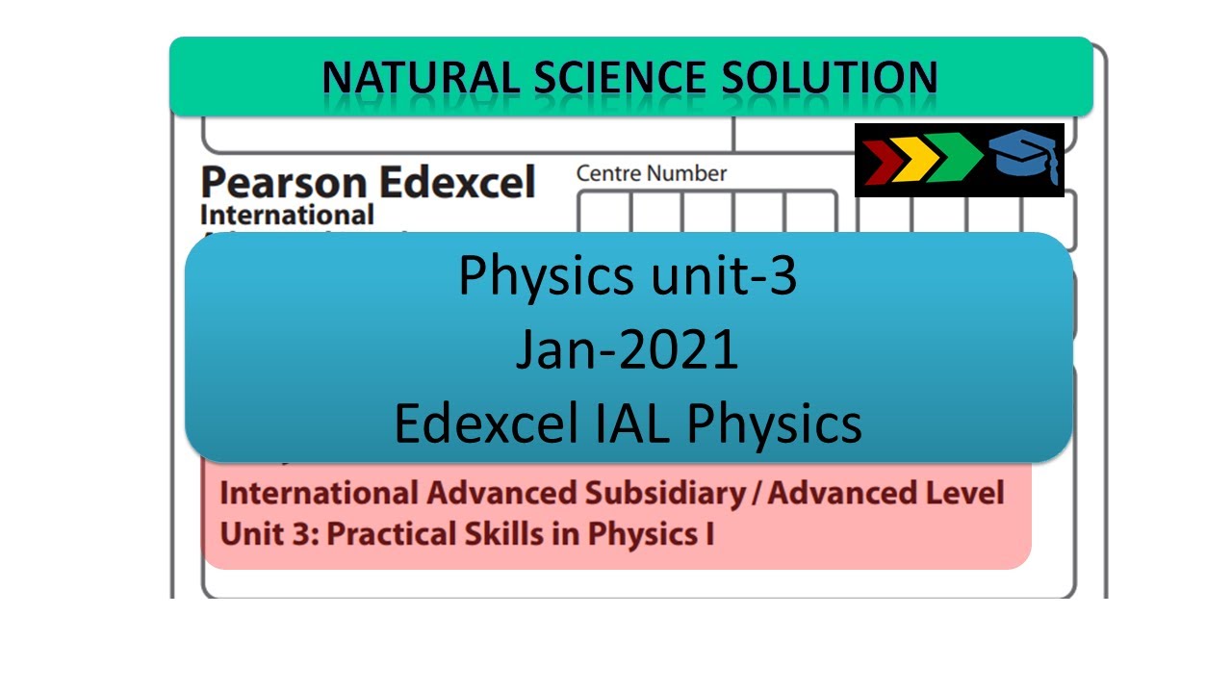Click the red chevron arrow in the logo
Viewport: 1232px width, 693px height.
tap(879, 160)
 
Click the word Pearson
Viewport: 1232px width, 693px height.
tap(284, 183)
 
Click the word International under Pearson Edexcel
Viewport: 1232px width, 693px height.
tap(287, 215)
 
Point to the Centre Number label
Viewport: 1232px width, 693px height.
tap(652, 174)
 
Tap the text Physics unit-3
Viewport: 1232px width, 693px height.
tap(628, 276)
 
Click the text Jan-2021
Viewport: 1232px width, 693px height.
tap(628, 350)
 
